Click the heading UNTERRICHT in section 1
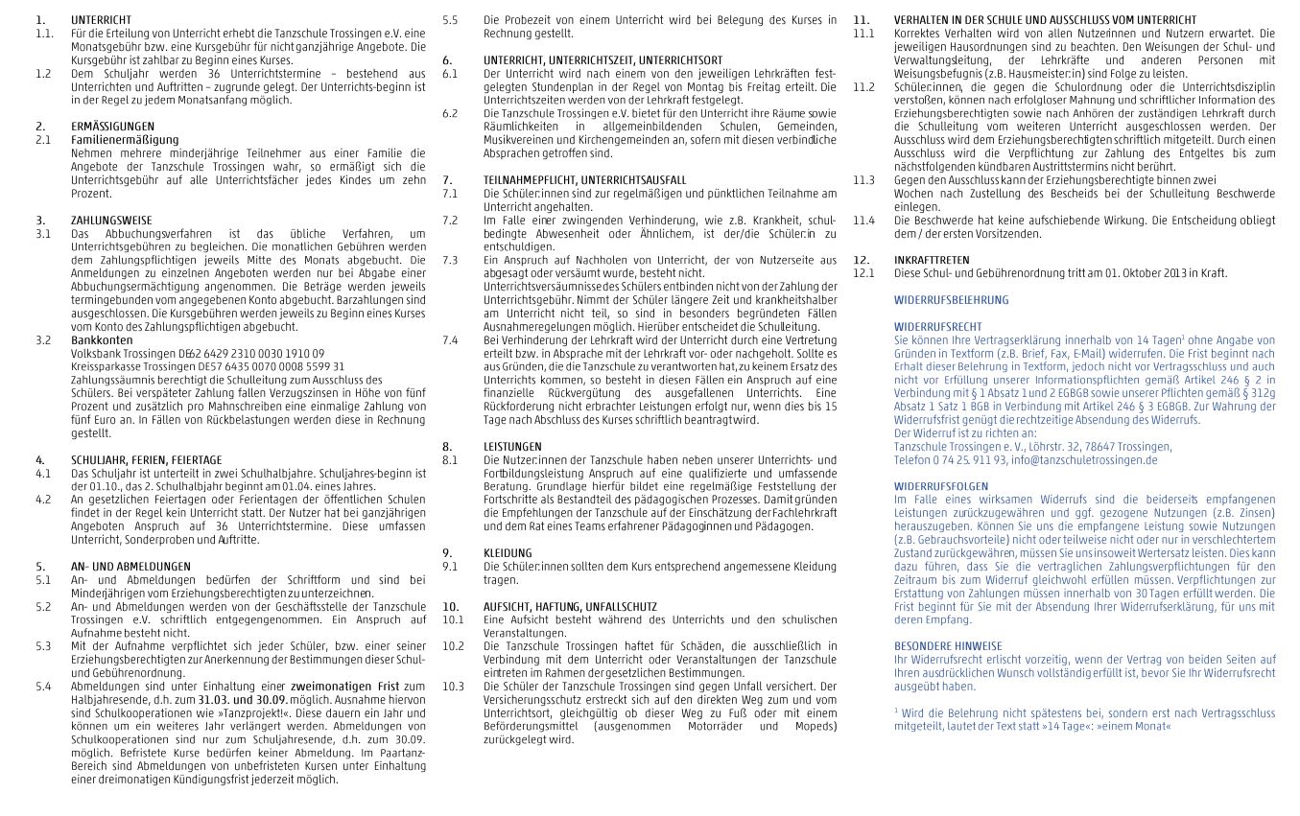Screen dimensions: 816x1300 coord(102,19)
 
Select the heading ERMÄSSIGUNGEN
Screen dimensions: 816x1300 coord(112,127)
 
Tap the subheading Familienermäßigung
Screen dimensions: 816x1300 coord(125,139)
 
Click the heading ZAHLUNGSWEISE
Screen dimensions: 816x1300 coord(111,221)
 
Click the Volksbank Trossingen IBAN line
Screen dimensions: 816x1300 coord(198,353)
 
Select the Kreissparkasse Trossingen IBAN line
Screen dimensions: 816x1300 coord(207,366)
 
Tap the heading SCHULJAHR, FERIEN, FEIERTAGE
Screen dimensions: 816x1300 coord(146,460)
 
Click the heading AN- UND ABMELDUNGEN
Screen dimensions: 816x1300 coord(130,567)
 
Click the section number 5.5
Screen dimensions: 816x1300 coord(450,19)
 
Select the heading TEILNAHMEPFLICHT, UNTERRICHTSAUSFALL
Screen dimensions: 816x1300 coord(584,180)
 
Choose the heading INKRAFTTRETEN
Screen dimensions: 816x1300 coord(931,260)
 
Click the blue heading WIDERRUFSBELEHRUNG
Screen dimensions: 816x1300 coord(951,300)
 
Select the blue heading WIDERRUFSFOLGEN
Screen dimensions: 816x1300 coord(940,486)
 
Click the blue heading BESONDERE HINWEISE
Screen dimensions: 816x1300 coord(948,646)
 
